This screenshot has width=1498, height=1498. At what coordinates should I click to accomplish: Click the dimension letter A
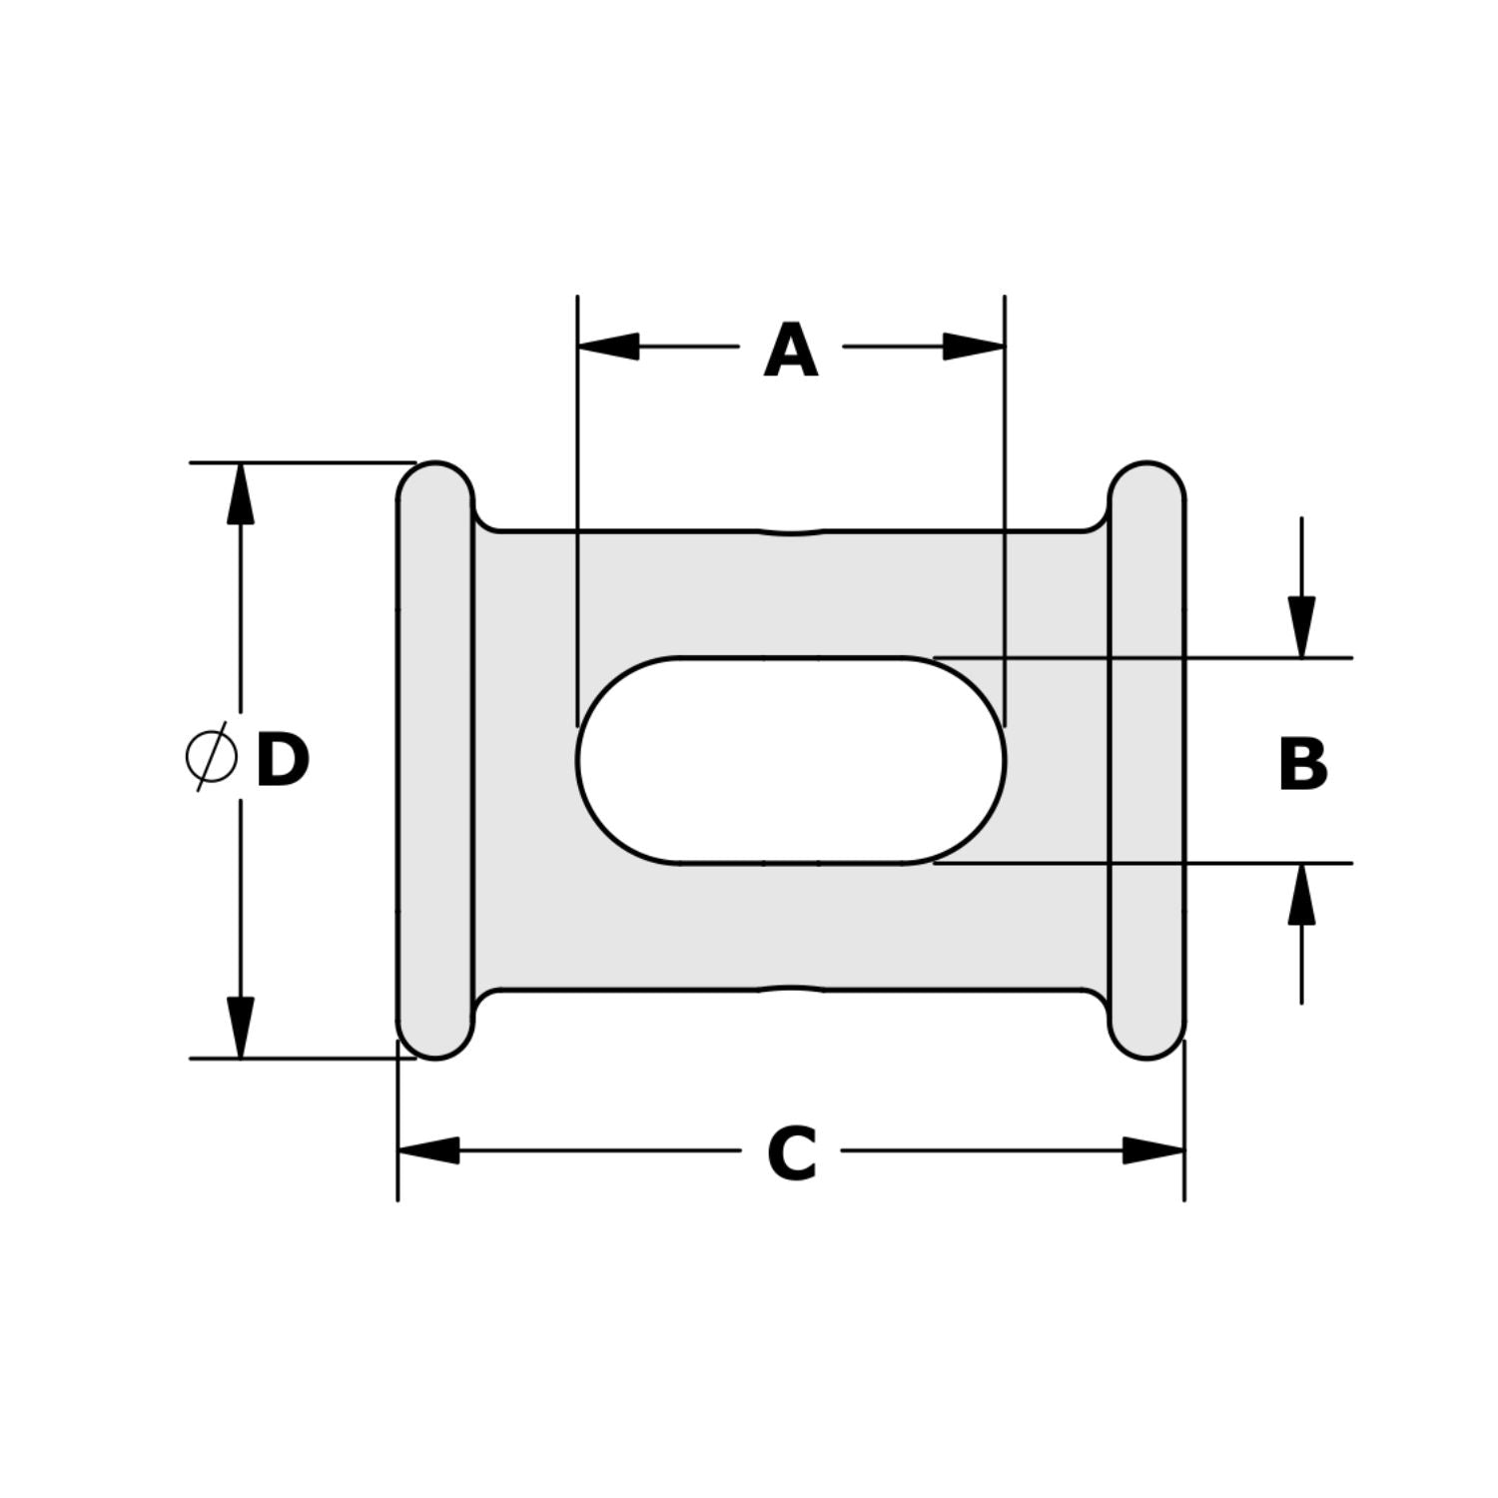(x=790, y=352)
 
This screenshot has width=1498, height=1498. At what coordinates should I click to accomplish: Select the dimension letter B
(x=1302, y=765)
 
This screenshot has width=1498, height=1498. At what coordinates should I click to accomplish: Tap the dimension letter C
(x=792, y=1154)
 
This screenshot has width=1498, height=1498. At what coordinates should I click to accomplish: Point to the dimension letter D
(x=282, y=761)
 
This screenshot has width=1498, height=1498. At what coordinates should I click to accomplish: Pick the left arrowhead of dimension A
(x=608, y=347)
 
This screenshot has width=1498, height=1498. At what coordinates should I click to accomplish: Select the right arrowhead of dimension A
(x=974, y=347)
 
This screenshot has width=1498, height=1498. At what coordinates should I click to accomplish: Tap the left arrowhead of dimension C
(x=428, y=1150)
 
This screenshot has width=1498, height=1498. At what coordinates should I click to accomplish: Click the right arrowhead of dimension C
(x=1154, y=1150)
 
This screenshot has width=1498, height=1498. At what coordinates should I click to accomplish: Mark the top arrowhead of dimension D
(x=240, y=493)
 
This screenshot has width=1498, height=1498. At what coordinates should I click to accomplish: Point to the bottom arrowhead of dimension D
(x=240, y=1028)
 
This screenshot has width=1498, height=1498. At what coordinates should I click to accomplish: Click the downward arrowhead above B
(x=1301, y=627)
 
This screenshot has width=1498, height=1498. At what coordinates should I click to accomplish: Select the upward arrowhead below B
(x=1301, y=894)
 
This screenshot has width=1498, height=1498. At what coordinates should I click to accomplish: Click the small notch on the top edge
(x=791, y=531)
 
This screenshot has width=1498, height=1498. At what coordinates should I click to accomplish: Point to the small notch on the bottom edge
(x=791, y=990)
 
